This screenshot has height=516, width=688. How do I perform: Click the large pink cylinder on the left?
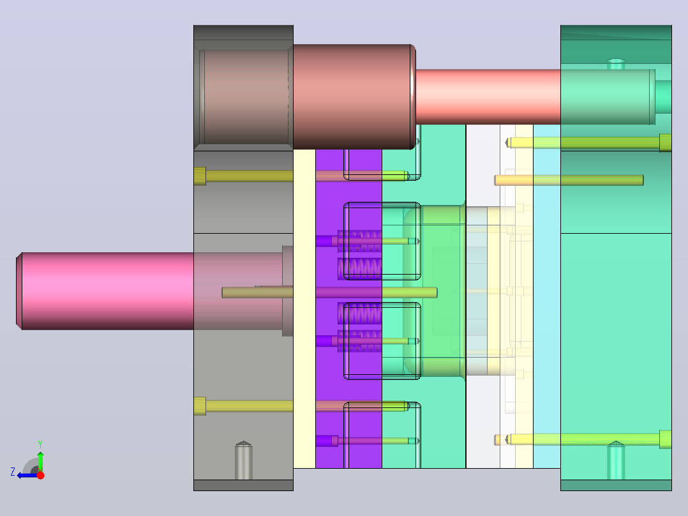pos(105,291)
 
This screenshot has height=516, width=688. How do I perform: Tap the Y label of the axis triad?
pos(40,444)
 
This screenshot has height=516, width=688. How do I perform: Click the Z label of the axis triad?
pos(13,472)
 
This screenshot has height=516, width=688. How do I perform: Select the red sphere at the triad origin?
pos(40,475)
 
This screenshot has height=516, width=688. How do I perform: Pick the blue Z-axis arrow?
pos(27,475)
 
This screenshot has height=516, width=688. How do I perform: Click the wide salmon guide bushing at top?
pos(353,96)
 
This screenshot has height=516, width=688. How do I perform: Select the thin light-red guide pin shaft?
pos(488,96)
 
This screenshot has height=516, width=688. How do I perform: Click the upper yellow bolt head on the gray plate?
pos(200,176)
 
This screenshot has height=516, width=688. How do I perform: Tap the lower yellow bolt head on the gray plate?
pos(200,406)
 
